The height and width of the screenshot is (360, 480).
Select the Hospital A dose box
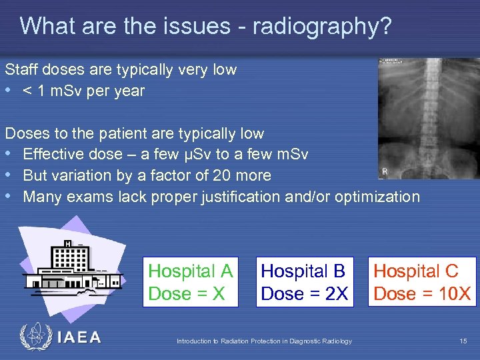[190, 282]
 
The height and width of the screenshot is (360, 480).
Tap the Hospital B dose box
[304, 282]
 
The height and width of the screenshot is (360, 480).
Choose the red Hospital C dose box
[422, 282]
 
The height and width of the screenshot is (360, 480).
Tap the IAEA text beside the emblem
[79, 337]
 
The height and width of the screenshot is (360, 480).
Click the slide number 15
[463, 341]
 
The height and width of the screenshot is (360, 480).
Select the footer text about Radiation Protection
[264, 341]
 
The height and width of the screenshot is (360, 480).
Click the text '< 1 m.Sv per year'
[83, 91]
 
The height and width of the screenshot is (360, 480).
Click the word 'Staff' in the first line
[19, 69]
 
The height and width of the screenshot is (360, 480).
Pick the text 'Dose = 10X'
[422, 293]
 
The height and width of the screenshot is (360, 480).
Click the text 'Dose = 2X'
[304, 293]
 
